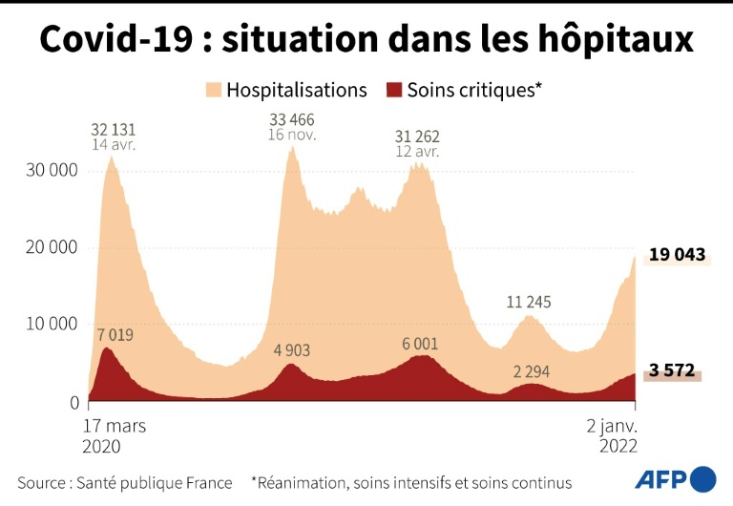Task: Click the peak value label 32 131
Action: click(113, 129)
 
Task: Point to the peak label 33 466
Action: click(292, 119)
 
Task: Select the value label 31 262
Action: click(417, 136)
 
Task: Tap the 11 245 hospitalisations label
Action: click(529, 303)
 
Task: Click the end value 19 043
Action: click(677, 255)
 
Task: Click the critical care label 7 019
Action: click(115, 335)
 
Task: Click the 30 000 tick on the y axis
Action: click(49, 171)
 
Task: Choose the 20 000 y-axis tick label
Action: click(49, 247)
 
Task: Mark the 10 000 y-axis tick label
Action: click(49, 324)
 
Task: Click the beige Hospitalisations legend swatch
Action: click(213, 91)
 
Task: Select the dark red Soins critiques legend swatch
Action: click(393, 91)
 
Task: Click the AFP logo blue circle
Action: click(702, 478)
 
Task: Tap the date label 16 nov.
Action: click(292, 136)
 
